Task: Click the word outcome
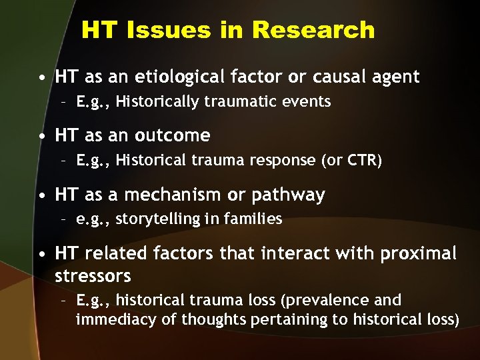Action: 172,136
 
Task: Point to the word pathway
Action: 291,195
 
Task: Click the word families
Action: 256,219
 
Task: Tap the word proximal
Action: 419,254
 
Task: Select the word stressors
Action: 93,275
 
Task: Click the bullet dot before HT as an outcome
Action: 42,137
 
